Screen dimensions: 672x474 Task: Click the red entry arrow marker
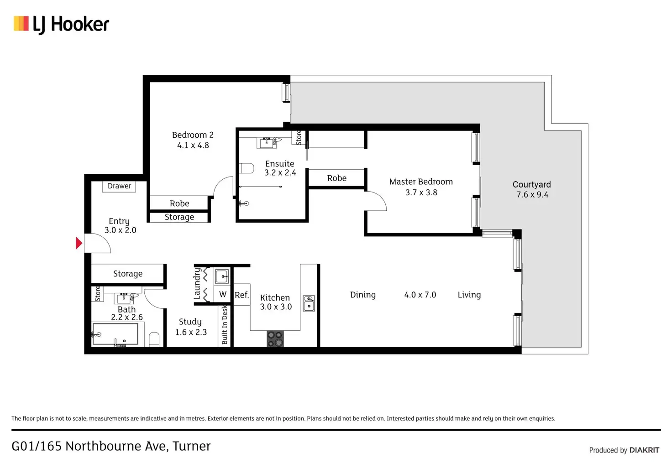pos(79,243)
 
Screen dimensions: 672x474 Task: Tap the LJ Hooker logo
pos(62,24)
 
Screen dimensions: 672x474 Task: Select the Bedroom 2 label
pos(193,135)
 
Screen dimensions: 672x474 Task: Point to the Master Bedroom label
pos(421,182)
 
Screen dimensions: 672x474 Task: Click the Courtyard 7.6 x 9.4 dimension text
pos(532,195)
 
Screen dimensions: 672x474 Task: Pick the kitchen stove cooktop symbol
pos(275,339)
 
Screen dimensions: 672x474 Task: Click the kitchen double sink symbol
pos(309,303)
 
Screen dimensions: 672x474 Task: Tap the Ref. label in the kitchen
pos(241,295)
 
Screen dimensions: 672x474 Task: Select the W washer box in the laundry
pos(223,294)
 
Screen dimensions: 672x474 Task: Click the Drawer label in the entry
pos(119,186)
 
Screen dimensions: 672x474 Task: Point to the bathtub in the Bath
pos(115,334)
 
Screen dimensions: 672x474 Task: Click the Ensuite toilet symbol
pos(247,168)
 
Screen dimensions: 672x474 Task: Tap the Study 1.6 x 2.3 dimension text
pos(191,332)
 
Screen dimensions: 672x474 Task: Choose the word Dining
pos(363,295)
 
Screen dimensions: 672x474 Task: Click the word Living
pos(469,295)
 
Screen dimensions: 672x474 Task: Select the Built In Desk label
pos(225,325)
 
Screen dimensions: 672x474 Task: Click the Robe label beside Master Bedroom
pos(336,178)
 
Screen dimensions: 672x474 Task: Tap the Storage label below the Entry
pos(128,274)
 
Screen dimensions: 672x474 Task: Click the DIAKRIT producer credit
pos(644,450)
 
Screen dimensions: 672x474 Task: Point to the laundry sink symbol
pos(222,276)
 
